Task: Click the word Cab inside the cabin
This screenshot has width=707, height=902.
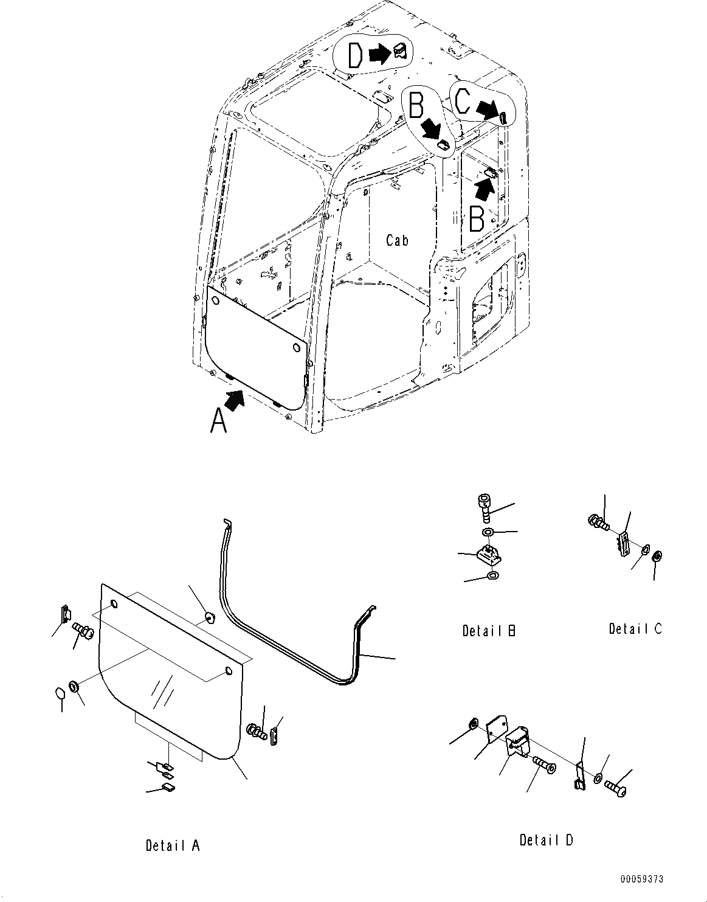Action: [397, 241]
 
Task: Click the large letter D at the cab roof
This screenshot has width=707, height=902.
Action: [355, 55]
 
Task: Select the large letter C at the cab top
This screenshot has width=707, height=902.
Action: [463, 101]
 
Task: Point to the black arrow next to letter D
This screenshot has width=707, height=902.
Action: [379, 55]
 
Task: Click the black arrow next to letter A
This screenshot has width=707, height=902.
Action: [235, 399]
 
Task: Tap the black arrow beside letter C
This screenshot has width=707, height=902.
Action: [486, 109]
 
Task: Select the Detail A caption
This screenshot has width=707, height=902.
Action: [172, 845]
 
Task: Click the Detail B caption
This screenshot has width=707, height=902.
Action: [489, 631]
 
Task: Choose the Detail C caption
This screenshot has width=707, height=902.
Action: [635, 629]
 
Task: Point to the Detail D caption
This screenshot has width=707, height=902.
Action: [546, 840]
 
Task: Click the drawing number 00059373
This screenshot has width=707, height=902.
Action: [642, 879]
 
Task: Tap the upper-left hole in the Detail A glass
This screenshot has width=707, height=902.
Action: [114, 605]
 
